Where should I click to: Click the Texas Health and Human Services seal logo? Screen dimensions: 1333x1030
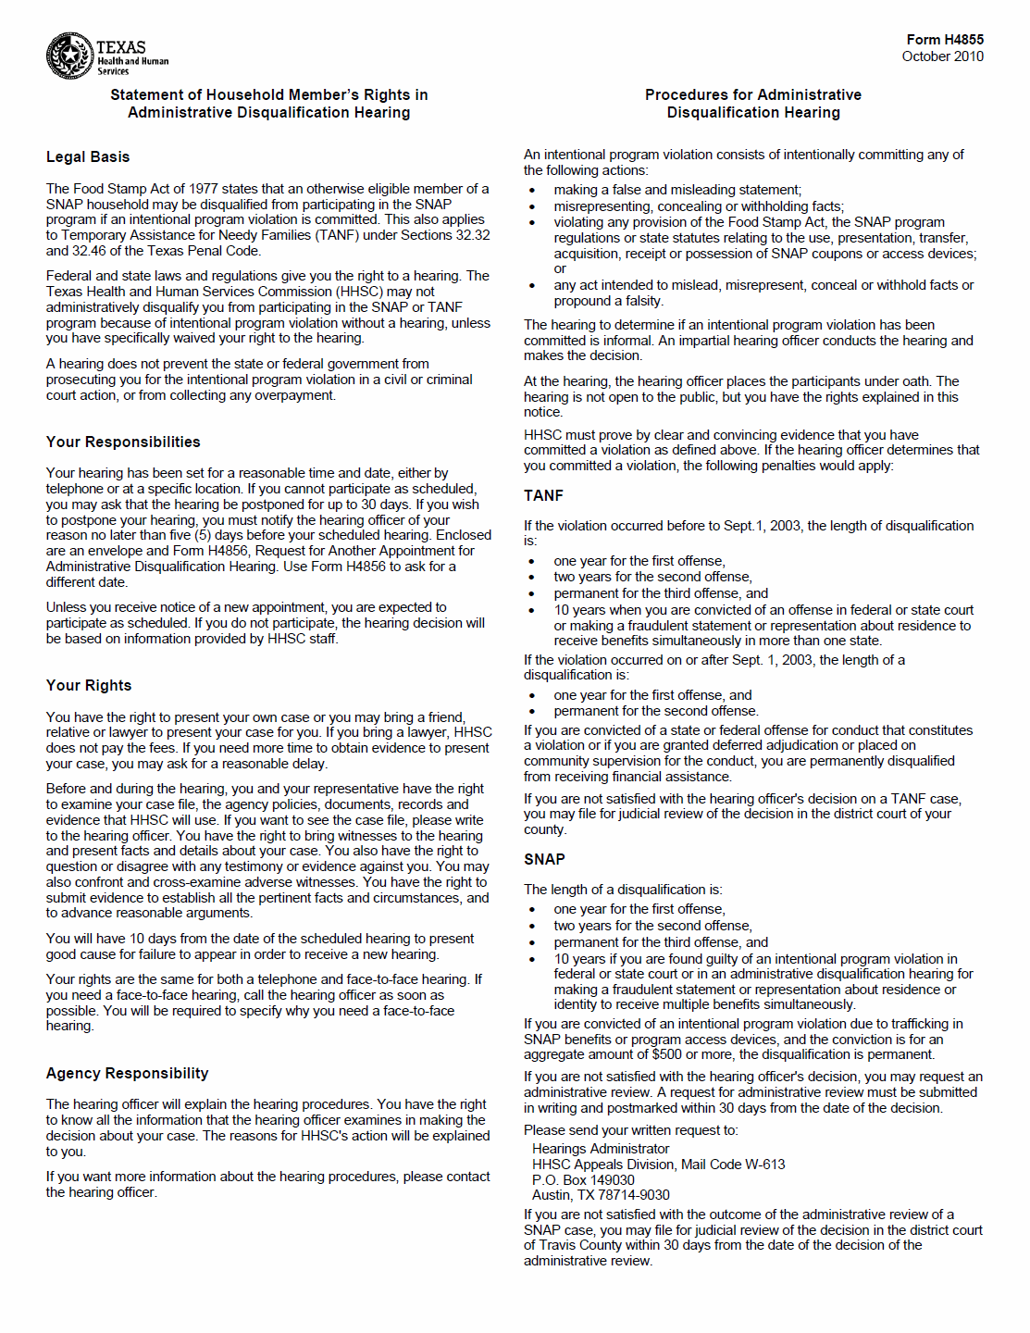click(69, 56)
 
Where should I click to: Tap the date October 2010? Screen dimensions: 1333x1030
click(942, 56)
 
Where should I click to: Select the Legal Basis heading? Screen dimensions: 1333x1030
click(88, 157)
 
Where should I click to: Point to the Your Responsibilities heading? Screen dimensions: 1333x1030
click(123, 442)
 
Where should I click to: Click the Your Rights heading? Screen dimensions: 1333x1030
click(89, 686)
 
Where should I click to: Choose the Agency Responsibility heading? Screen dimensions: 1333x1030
click(127, 1074)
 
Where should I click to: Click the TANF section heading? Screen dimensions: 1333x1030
click(543, 496)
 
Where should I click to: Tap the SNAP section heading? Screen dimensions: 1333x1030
click(544, 860)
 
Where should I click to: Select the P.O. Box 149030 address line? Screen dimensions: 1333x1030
click(583, 1180)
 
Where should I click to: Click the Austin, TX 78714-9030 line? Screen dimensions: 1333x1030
click(601, 1195)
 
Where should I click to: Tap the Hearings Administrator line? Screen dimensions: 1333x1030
click(601, 1149)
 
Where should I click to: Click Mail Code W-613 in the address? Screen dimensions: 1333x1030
click(733, 1165)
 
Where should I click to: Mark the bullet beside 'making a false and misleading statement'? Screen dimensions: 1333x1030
click(532, 191)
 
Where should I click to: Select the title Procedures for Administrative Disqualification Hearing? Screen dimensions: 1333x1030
click(753, 104)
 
